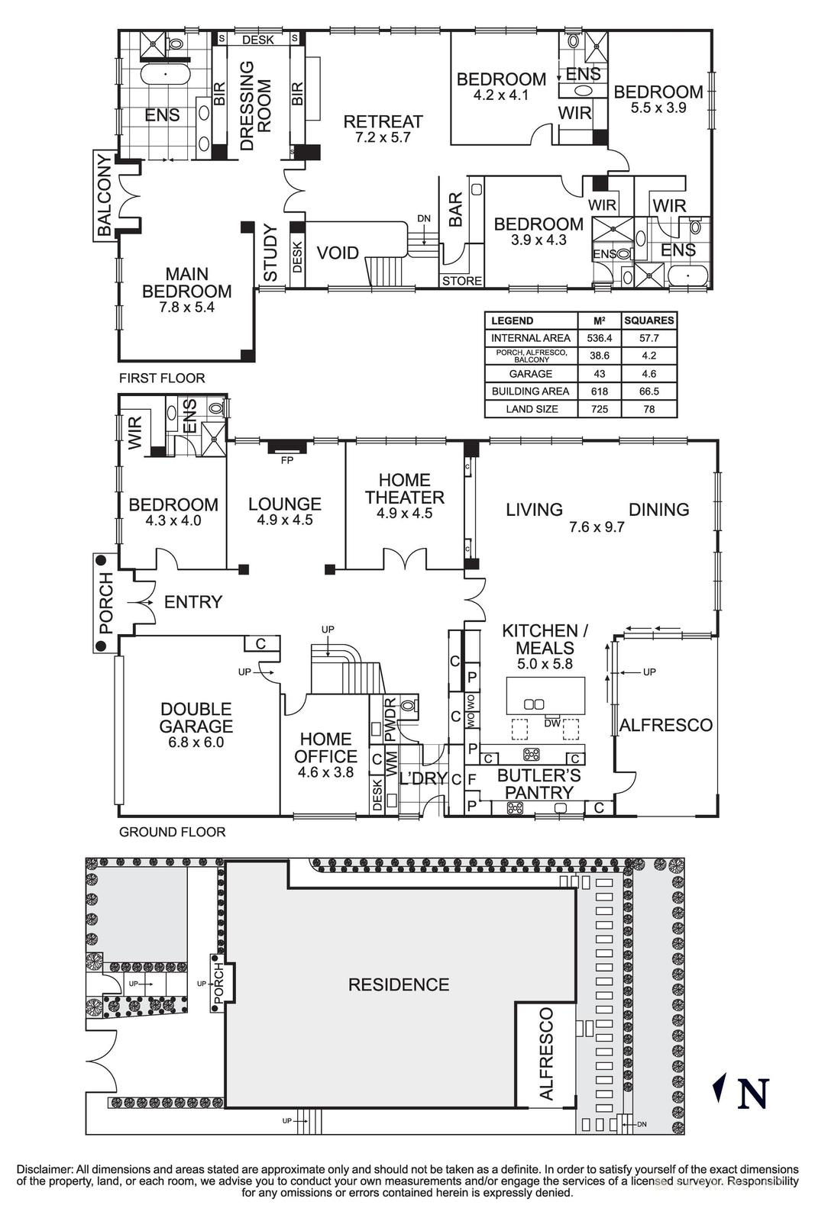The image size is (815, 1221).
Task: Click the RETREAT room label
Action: click(383, 121)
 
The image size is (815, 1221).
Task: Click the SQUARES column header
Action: click(648, 321)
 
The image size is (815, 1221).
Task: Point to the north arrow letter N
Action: click(752, 1092)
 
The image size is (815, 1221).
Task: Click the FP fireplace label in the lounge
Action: click(287, 460)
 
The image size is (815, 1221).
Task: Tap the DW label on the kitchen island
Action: click(551, 723)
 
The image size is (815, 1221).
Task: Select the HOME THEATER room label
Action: click(404, 488)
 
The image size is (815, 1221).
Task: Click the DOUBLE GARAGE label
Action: click(196, 717)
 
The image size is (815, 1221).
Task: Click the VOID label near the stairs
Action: click(338, 253)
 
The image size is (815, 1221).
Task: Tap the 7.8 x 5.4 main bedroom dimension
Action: click(186, 308)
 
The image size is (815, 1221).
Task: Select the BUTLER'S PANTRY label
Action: click(538, 784)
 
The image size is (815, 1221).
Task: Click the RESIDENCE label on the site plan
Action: click(398, 984)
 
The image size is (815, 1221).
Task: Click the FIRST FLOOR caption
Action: click(162, 378)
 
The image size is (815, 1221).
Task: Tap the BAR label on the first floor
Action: click(455, 209)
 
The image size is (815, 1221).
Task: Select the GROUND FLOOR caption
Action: click(172, 832)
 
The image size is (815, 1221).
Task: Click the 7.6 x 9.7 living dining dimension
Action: click(597, 527)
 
